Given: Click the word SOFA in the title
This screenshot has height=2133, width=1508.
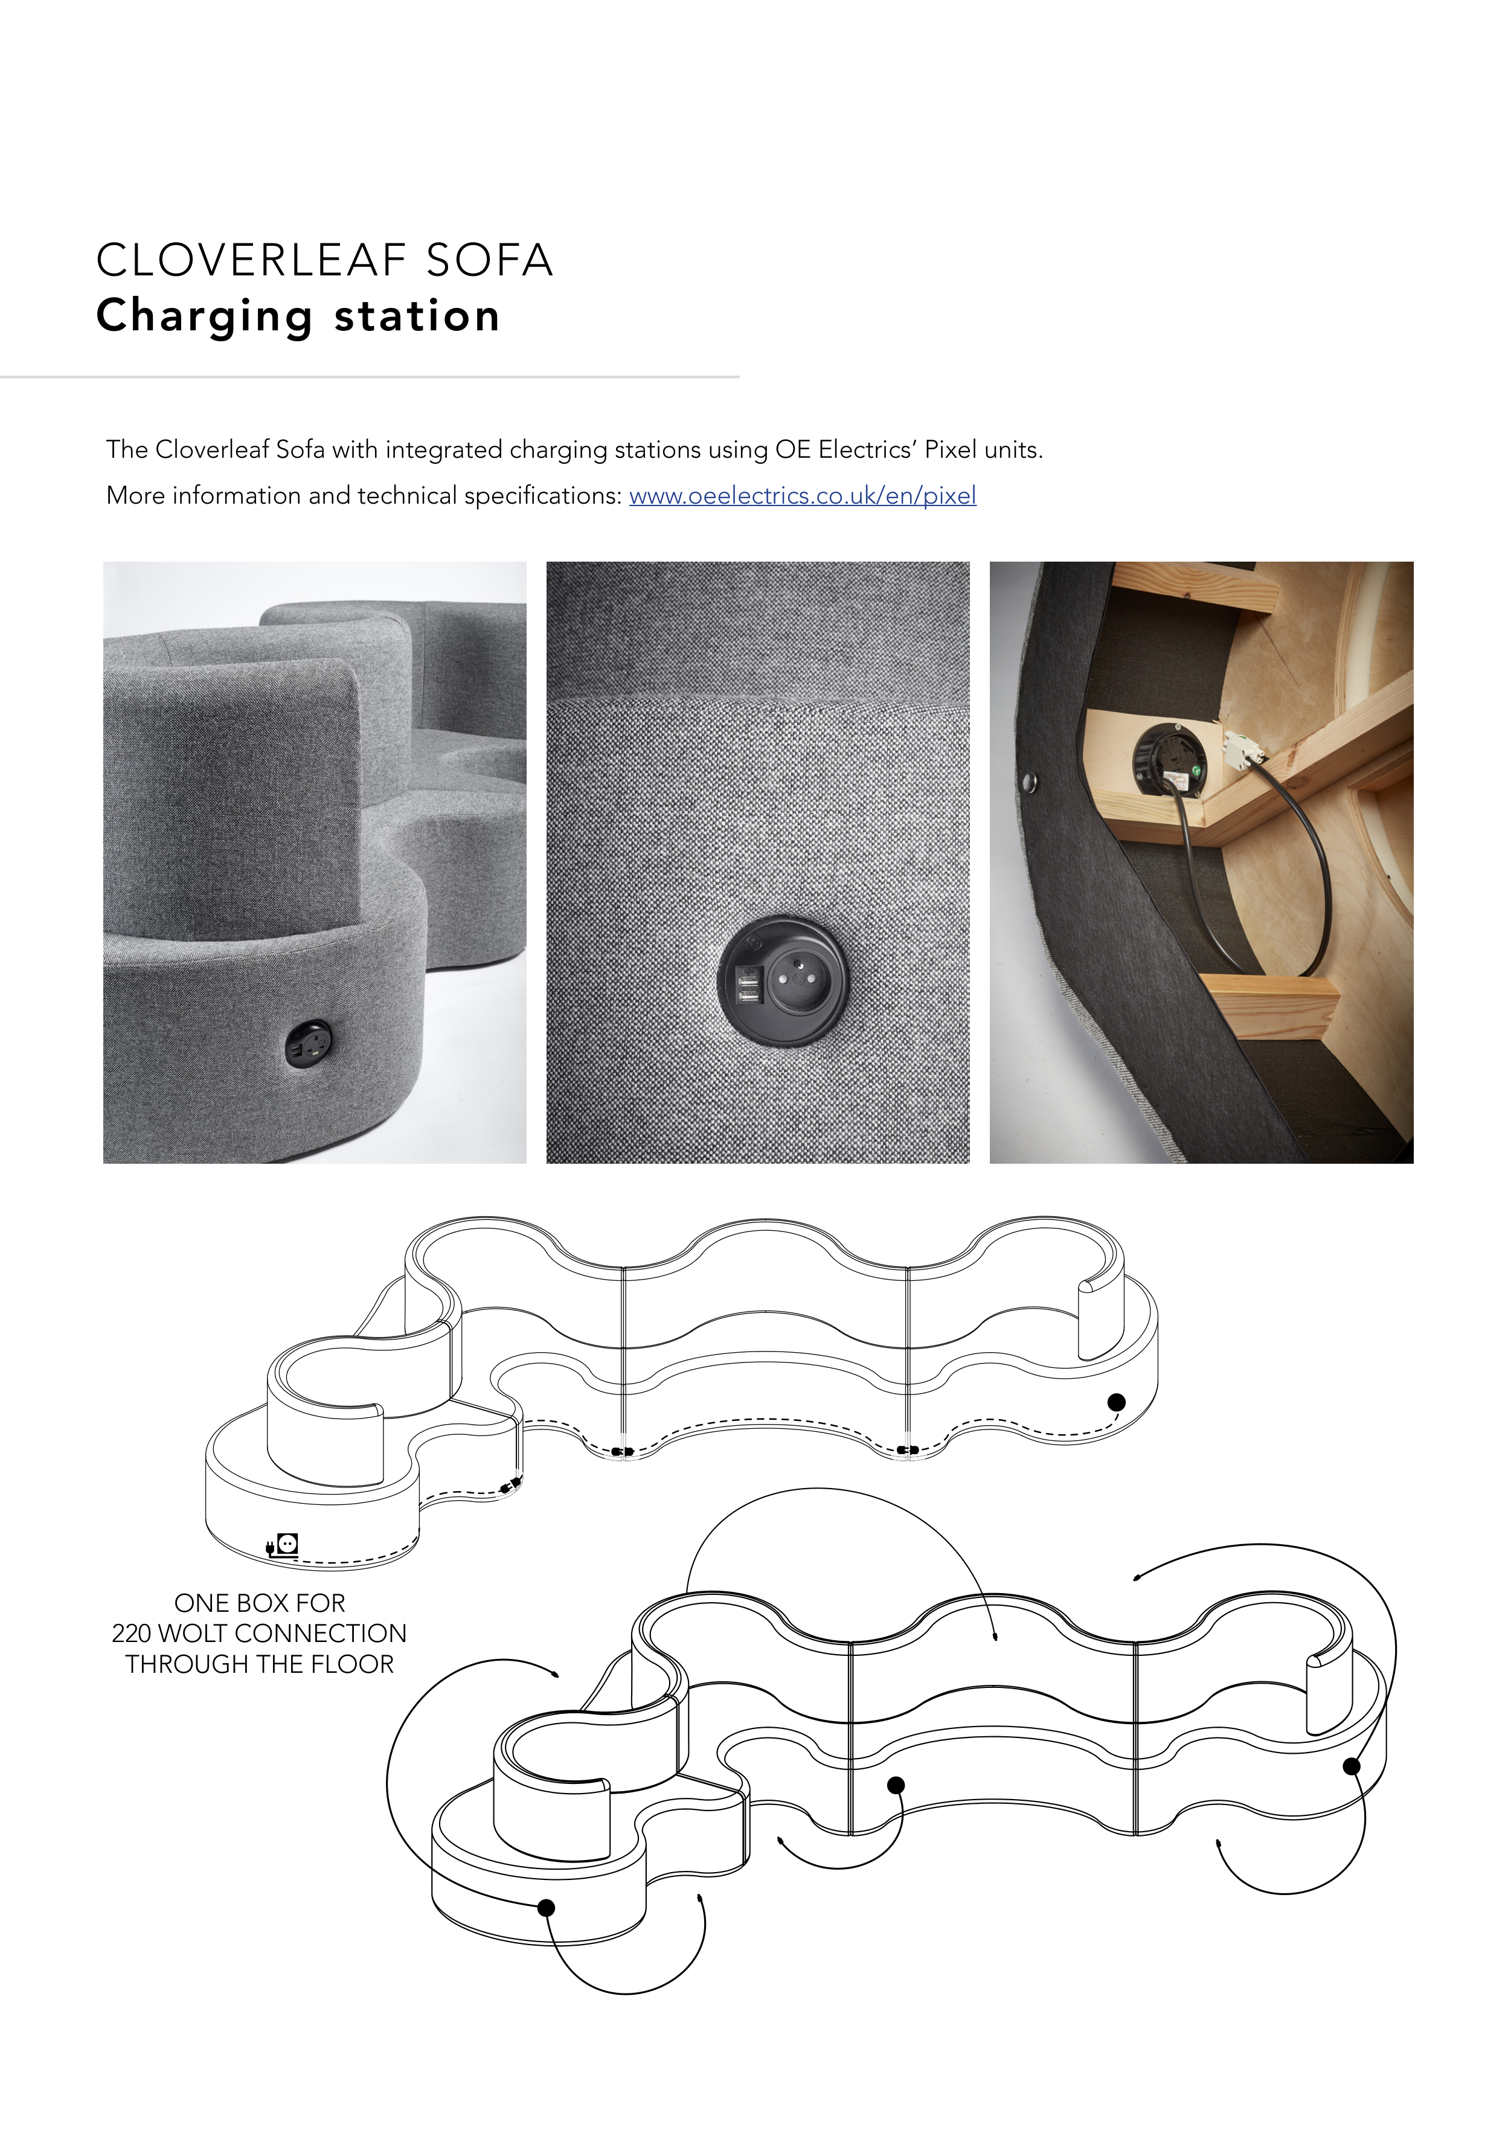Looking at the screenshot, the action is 490,260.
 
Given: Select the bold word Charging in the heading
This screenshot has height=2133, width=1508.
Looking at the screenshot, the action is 204,317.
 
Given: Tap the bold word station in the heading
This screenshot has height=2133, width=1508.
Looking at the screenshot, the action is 417,317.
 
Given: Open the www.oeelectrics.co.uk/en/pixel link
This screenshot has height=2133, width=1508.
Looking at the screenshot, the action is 803,496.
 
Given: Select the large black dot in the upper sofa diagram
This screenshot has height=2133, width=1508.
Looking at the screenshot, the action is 1117,1402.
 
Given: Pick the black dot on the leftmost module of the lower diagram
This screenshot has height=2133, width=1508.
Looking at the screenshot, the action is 547,1907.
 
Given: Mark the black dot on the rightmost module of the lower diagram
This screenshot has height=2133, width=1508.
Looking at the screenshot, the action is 1352,1766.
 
